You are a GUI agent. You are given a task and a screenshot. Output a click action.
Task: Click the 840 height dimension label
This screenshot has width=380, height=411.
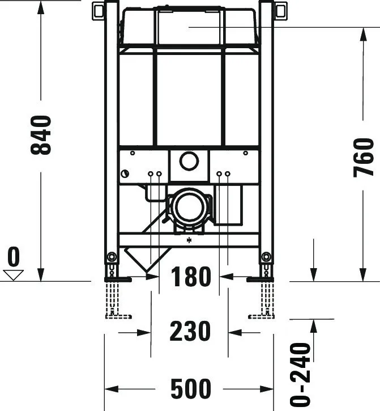[x=41, y=135]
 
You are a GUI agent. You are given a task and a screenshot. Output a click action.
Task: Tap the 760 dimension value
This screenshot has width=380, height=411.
[x=364, y=157]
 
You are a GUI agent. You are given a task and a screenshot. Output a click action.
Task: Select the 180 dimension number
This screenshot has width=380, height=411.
[x=190, y=277]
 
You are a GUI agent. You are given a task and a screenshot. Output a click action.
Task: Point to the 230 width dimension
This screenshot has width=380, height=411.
[x=190, y=332]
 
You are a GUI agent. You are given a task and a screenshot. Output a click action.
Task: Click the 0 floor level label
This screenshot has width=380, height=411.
[x=13, y=258]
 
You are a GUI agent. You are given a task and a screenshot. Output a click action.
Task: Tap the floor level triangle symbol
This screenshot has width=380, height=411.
[x=13, y=275]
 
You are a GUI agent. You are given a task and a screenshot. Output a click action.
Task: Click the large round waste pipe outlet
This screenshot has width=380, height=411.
[x=190, y=206]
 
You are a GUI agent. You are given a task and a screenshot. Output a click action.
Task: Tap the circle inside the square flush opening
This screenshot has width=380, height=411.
[x=189, y=161]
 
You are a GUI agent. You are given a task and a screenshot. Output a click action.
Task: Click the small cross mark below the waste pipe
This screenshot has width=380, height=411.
[x=189, y=240]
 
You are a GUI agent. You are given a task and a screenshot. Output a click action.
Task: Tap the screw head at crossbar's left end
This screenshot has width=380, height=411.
[x=125, y=173]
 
